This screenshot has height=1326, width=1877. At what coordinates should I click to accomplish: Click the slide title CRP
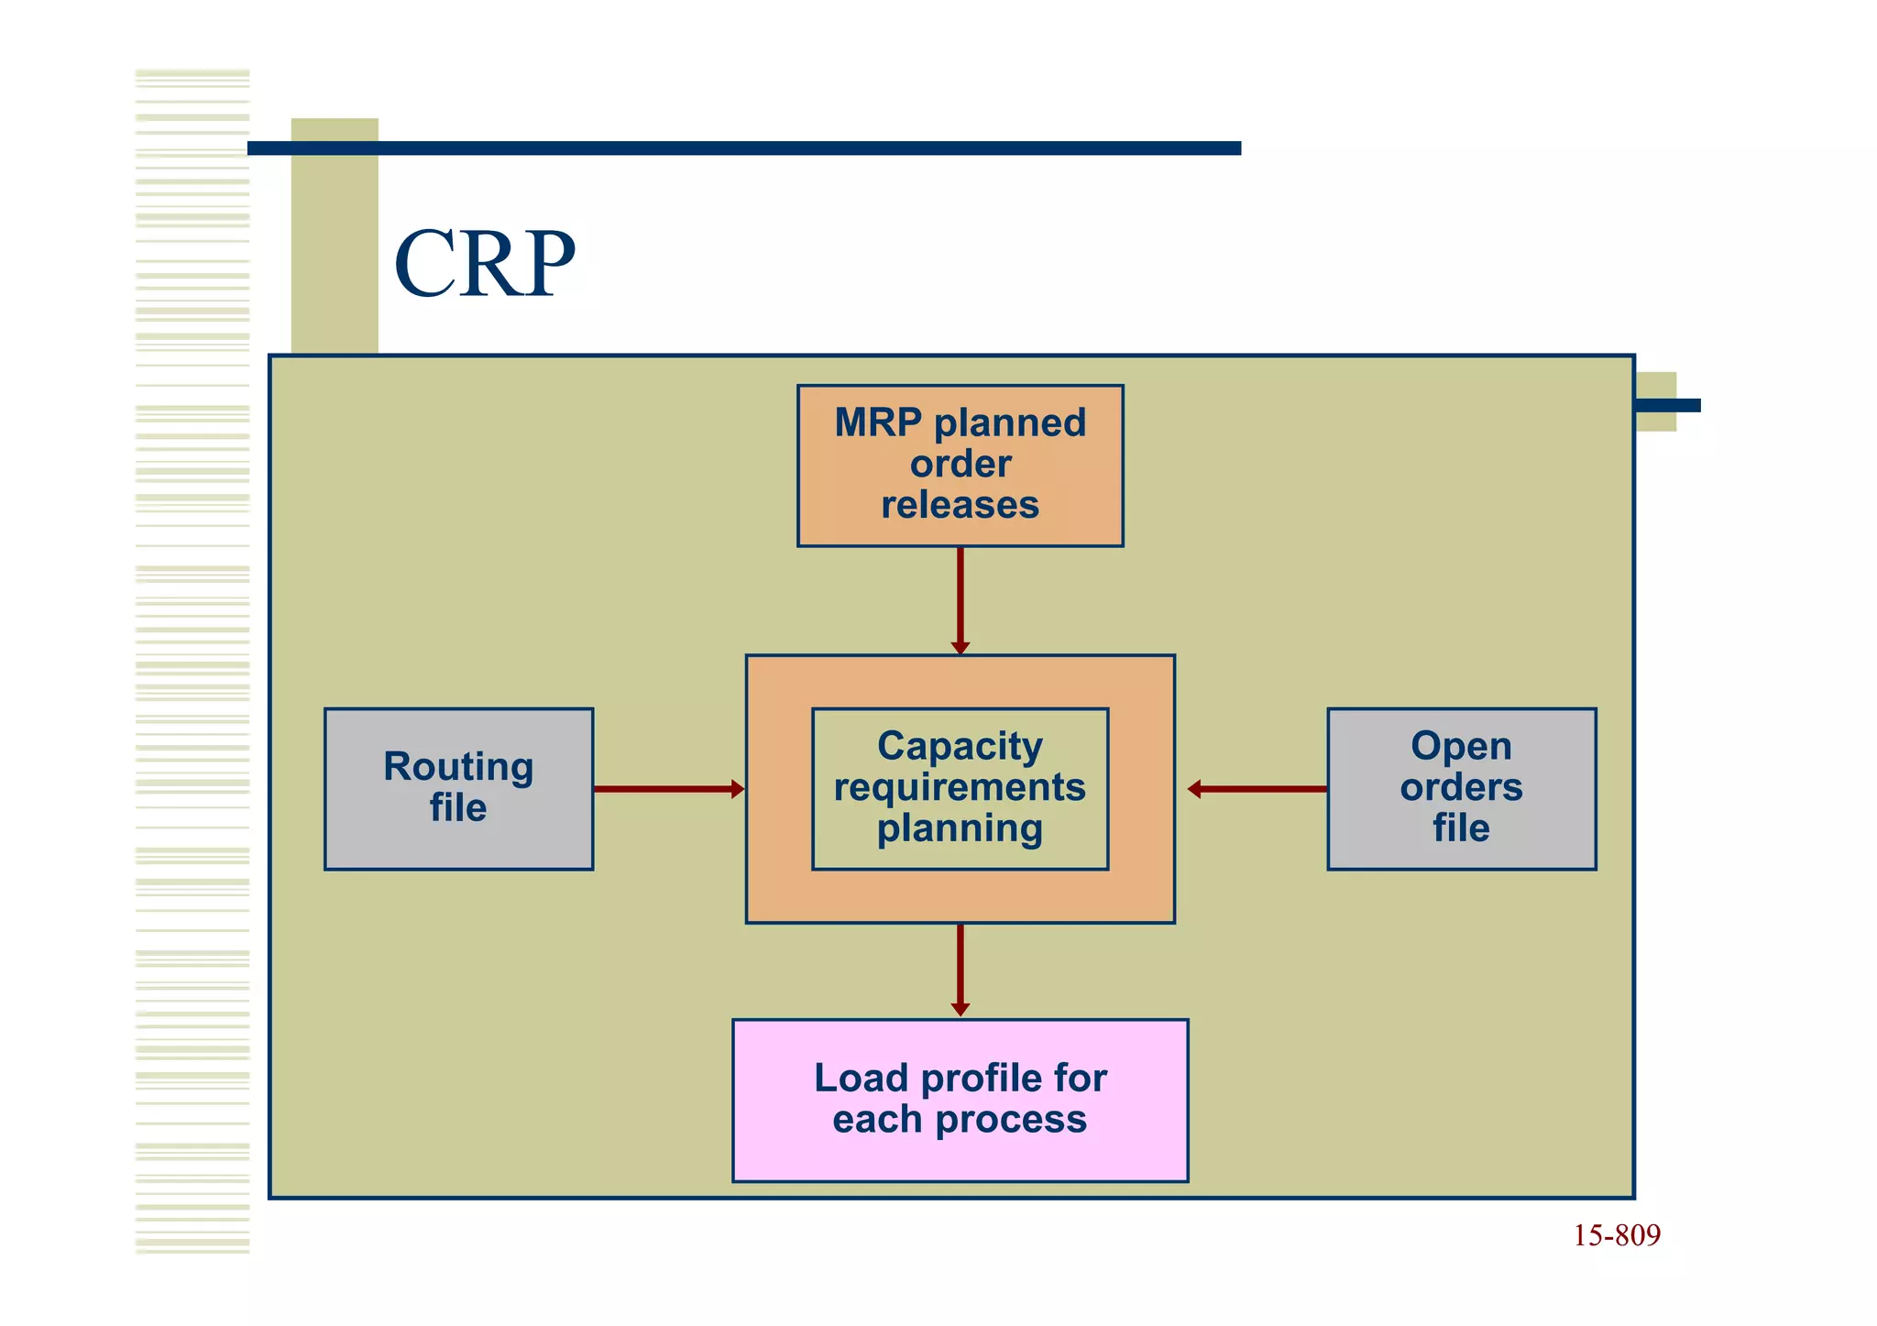pos(484,264)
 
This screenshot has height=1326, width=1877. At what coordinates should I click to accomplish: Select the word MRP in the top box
pos(877,423)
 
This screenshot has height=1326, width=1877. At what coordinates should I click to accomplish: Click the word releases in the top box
pos(960,505)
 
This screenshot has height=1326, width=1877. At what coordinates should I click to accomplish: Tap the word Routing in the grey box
pos(458,767)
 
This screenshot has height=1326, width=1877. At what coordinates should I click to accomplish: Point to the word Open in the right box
pos(1461,746)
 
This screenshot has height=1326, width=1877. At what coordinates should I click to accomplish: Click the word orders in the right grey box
pos(1461,787)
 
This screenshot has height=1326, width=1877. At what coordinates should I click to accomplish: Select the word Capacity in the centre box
pos(960,746)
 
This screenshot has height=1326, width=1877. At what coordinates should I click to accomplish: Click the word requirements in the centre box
pos(960,787)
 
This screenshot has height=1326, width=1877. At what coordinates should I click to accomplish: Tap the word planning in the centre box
pos(960,828)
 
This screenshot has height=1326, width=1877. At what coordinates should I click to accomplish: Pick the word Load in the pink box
pos(861,1079)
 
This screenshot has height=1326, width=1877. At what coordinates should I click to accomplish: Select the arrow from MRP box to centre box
pos(960,600)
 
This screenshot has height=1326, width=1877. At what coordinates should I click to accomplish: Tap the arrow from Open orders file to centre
pos(1257,789)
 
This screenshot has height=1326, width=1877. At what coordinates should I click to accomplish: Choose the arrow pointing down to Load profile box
pos(960,970)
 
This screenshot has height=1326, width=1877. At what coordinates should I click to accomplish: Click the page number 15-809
pos(1616,1236)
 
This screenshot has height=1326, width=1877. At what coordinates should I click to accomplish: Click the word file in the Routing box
pos(458,808)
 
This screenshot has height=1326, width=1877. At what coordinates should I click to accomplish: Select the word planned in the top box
pos(1009,423)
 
